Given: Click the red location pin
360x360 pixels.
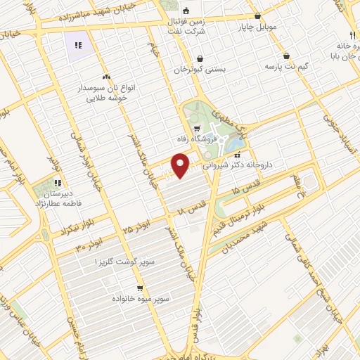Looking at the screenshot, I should (181, 166).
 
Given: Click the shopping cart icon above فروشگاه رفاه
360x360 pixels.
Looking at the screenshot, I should (197, 129).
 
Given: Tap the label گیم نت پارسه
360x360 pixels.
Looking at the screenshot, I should (287, 66).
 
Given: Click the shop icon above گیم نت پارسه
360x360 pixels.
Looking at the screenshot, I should (286, 56).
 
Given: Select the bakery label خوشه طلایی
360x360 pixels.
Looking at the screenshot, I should (106, 99).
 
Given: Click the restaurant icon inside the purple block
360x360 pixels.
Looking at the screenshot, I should (79, 45).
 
